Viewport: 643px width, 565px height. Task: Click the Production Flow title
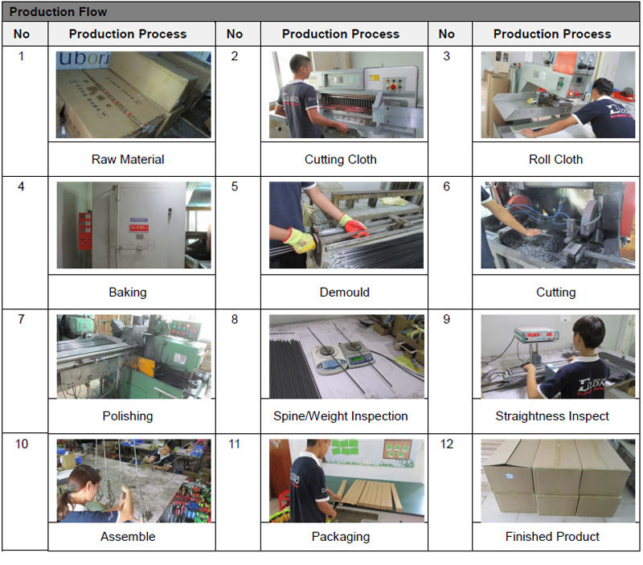(x=58, y=12)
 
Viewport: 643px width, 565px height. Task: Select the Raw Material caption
(x=128, y=159)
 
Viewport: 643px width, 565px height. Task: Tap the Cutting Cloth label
(x=340, y=159)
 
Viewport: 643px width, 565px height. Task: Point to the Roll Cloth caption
(x=555, y=159)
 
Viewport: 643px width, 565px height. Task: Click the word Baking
(x=128, y=293)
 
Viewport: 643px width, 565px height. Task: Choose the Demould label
(x=345, y=292)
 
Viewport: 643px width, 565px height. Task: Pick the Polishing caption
(x=128, y=416)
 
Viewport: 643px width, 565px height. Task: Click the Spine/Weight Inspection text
(x=340, y=416)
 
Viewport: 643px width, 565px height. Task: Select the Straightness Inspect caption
(x=552, y=416)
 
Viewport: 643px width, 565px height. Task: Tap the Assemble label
(x=128, y=536)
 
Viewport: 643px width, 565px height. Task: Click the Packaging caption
(x=340, y=537)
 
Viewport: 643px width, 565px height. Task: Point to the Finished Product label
(x=552, y=536)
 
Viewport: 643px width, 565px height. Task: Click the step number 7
(x=22, y=319)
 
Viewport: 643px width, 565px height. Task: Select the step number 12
(x=447, y=444)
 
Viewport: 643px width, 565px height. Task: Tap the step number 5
(x=234, y=186)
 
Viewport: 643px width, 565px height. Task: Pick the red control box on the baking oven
(x=85, y=231)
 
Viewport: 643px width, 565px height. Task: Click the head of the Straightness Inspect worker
(x=589, y=334)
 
